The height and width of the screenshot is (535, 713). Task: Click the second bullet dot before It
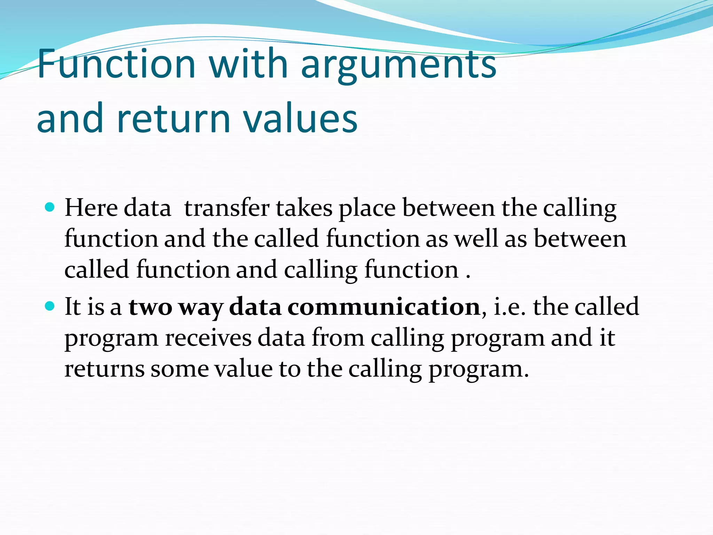pyautogui.click(x=50, y=307)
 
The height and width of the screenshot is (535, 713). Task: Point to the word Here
pyautogui.click(x=91, y=208)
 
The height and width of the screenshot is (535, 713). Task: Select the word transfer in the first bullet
pyautogui.click(x=227, y=208)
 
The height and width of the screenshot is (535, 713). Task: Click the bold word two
pyautogui.click(x=150, y=307)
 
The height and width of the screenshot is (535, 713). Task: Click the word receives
pyautogui.click(x=208, y=338)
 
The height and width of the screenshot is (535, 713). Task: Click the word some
pyautogui.click(x=179, y=369)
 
